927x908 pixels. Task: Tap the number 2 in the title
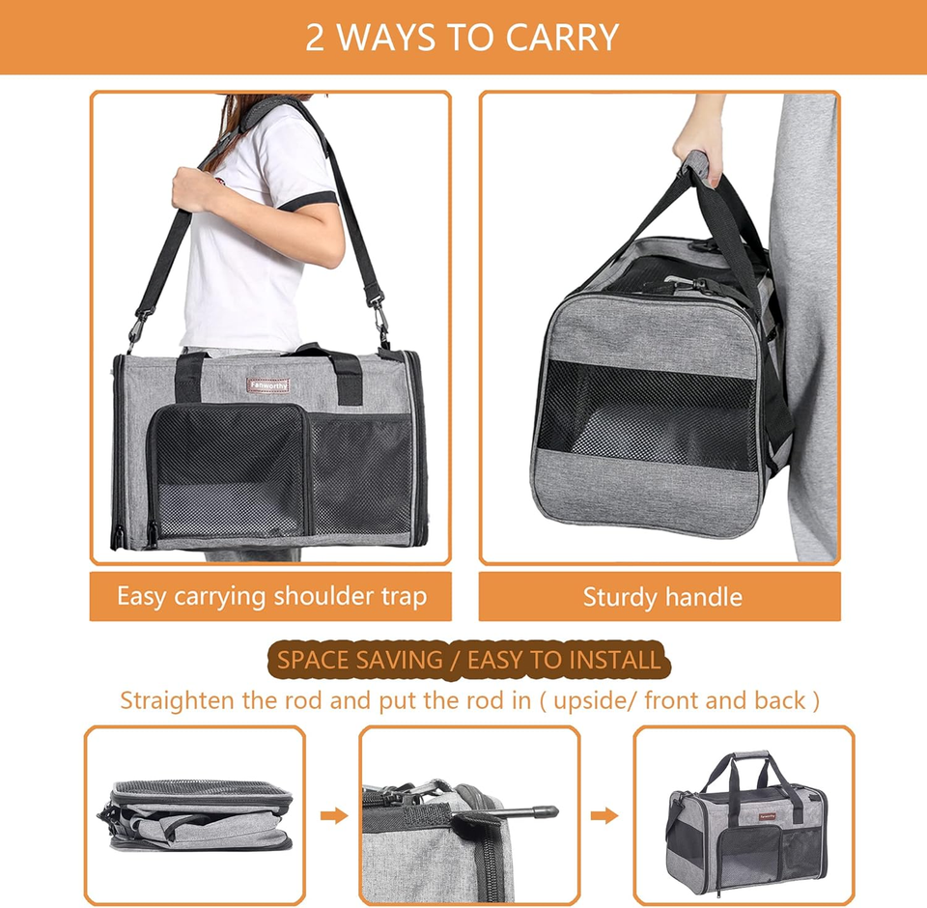point(315,37)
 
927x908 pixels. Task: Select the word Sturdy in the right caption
point(618,597)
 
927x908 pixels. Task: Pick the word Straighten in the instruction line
point(178,699)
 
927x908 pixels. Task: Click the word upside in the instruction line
point(592,699)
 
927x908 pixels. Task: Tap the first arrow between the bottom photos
point(333,816)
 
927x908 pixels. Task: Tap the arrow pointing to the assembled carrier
point(604,816)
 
